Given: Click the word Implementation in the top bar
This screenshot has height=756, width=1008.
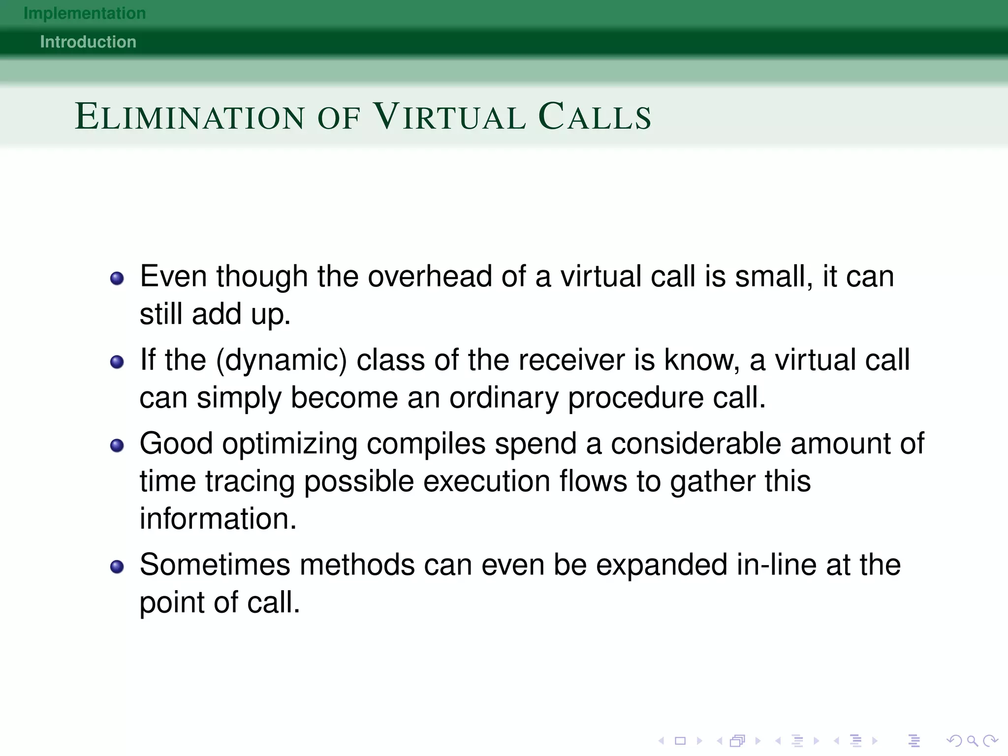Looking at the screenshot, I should [x=85, y=13].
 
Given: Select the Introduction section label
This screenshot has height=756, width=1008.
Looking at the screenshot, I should [x=88, y=42].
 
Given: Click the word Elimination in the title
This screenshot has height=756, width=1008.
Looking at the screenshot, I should [x=190, y=117].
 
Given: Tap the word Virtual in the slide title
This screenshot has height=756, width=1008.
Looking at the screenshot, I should [x=450, y=117].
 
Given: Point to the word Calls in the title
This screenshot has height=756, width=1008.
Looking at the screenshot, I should [x=595, y=117].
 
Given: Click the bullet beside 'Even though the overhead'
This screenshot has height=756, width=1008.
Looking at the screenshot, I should [x=117, y=279].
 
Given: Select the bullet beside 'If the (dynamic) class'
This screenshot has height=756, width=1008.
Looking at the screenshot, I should [x=117, y=362].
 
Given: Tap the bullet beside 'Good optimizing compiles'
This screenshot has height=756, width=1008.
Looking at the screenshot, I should [x=117, y=446].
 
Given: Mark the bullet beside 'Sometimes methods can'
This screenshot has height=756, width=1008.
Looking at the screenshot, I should [x=117, y=567].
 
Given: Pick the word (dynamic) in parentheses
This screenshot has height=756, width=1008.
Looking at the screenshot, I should [x=282, y=360].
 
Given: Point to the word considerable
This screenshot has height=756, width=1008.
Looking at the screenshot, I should [x=696, y=443].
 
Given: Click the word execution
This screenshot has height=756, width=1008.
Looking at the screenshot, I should [x=486, y=481].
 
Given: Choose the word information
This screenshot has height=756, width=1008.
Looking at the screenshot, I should [x=218, y=519].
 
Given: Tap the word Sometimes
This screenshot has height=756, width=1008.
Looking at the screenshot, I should [x=215, y=565].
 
